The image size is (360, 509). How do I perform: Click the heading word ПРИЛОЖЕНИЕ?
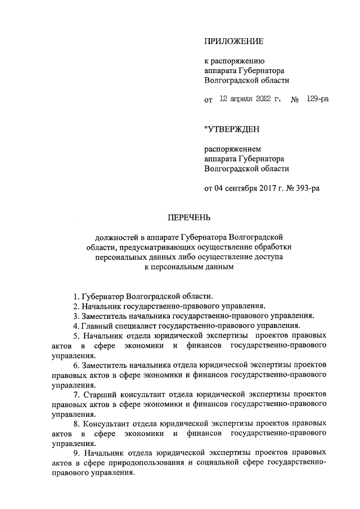(x=233, y=41)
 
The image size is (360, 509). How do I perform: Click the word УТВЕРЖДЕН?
(x=232, y=130)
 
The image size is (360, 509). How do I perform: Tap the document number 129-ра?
(x=318, y=99)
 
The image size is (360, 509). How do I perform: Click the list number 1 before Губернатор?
(x=75, y=296)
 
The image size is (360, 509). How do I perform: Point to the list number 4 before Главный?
(x=75, y=326)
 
